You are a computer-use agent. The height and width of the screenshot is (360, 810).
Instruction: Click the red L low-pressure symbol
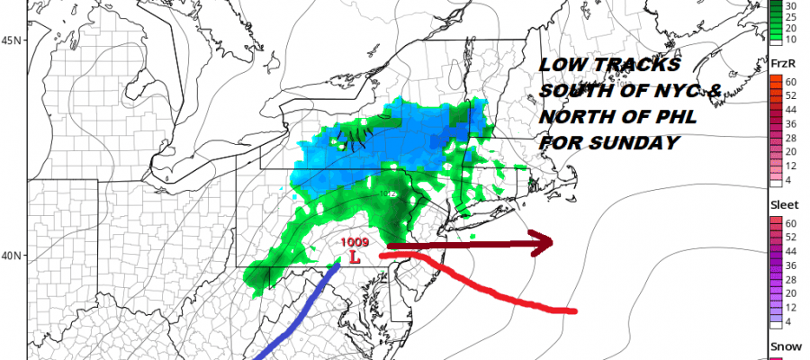point(355,257)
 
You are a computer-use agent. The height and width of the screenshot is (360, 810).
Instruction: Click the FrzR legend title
point(781,64)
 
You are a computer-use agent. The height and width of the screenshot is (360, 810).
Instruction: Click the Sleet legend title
point(781,205)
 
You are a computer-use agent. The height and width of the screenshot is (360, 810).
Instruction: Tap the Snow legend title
point(781,346)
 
